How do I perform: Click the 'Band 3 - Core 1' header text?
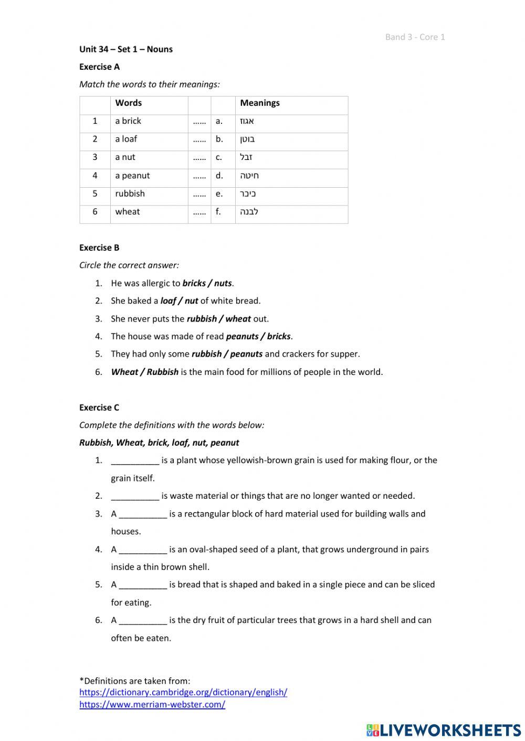point(415,37)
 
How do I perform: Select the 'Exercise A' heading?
point(99,67)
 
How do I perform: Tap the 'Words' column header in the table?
point(128,103)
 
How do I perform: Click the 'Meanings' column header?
point(260,103)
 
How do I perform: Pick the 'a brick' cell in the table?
point(128,121)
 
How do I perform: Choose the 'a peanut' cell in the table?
point(132,176)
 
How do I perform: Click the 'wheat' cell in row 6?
point(128,212)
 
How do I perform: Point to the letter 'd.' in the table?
point(219,176)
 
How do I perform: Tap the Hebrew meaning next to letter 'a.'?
point(247,121)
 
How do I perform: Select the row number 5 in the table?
point(95,194)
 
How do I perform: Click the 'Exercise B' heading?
point(99,248)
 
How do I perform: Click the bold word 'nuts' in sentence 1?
point(223,283)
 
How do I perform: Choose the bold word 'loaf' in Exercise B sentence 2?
point(168,301)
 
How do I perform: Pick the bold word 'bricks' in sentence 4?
point(278,337)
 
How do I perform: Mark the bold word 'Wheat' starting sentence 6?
point(124,372)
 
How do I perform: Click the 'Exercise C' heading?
point(99,407)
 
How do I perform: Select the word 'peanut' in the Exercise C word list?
point(225,443)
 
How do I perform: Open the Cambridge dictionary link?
point(183,692)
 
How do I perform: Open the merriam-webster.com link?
point(152,704)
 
